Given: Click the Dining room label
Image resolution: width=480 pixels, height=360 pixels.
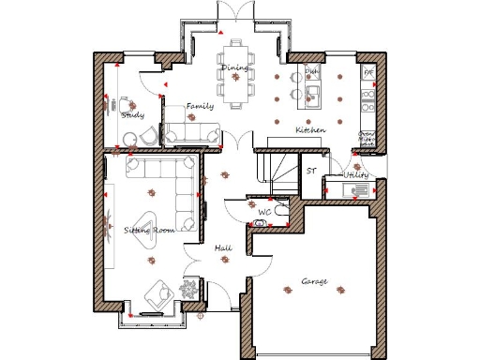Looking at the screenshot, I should (234, 67).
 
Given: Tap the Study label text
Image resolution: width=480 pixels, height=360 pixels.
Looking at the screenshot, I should (132, 114).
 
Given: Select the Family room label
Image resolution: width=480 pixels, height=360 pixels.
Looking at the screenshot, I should (200, 107).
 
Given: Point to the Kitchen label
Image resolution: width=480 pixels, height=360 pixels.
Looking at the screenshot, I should (310, 129).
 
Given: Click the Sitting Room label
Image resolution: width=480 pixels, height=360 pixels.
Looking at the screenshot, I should (150, 230).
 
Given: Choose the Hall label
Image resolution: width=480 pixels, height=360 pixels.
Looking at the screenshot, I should (223, 247).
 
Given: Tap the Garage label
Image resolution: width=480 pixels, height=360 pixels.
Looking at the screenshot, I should (314, 281).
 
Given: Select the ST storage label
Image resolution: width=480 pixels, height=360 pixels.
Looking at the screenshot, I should (311, 171).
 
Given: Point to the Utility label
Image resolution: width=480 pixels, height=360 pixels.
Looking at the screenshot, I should (356, 175).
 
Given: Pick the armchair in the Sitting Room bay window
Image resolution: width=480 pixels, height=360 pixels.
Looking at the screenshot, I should (154, 297).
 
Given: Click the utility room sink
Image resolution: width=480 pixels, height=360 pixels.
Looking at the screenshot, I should (357, 190).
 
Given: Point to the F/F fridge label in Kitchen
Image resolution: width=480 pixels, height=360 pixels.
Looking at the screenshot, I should (368, 71).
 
